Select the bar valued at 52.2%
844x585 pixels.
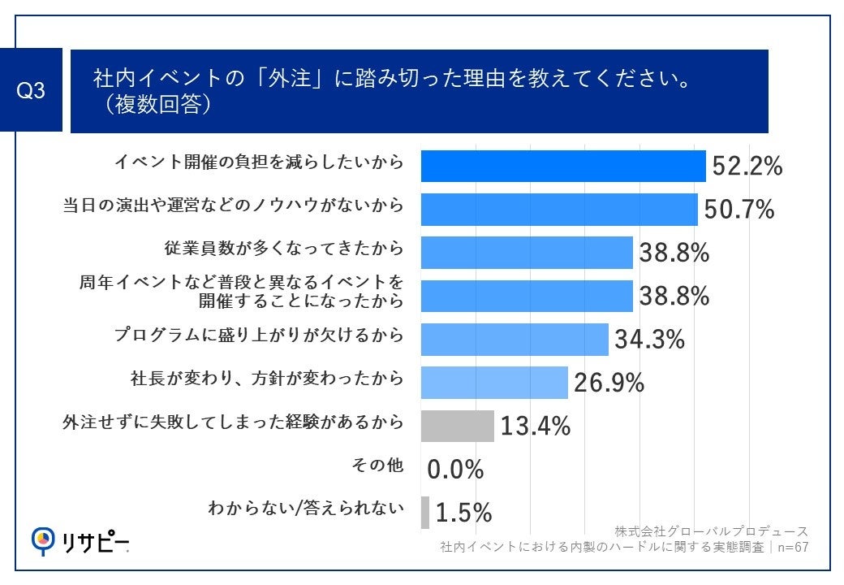pos(562,167)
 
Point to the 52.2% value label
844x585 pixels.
pos(747,167)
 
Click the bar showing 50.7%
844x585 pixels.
pos(558,210)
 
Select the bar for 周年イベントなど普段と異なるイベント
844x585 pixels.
pos(526,296)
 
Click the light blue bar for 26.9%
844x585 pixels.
pos(493,382)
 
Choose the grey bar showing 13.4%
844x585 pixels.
pos(457,426)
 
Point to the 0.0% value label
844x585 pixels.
pos(455,469)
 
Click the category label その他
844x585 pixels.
pos(377,466)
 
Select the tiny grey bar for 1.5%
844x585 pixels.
pos(424,513)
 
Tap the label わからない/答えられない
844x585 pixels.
pos(305,509)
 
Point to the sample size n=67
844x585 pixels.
pos(792,548)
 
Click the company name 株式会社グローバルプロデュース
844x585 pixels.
pos(711,531)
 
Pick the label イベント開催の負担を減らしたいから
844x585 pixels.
pos(258,162)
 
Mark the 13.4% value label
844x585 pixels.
pos(535,426)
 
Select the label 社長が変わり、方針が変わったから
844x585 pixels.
pos(266,378)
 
